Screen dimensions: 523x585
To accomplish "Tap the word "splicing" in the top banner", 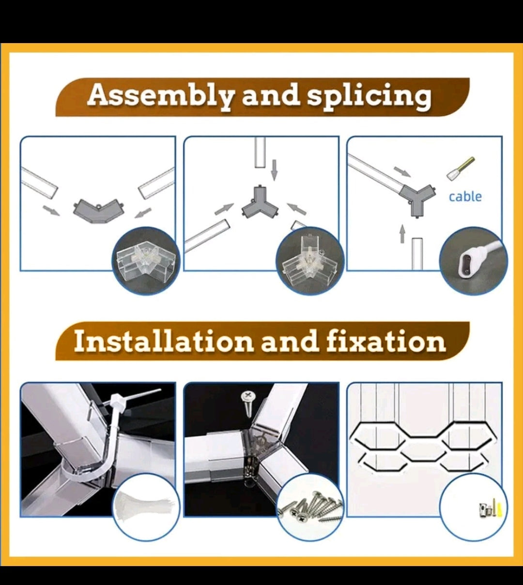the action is (x=369, y=96).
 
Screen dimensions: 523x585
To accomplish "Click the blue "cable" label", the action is (x=465, y=197).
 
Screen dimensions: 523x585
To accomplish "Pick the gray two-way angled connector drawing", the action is (x=99, y=211).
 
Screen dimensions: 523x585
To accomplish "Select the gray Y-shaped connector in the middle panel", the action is (x=260, y=202).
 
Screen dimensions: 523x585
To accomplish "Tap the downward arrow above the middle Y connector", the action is (x=275, y=170).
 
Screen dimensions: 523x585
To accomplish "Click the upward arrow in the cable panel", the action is (x=402, y=233).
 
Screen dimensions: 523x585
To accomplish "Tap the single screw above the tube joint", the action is (x=248, y=403).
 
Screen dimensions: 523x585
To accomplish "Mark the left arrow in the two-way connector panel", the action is (x=51, y=210).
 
